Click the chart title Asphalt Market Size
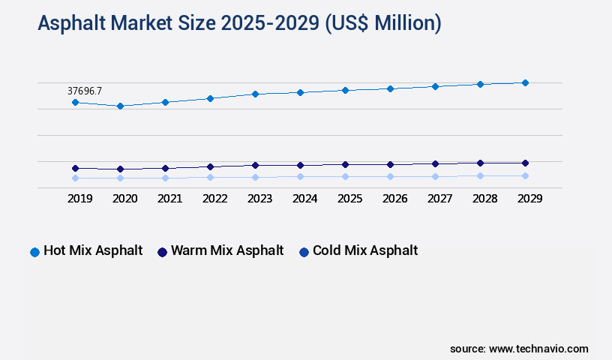click(239, 23)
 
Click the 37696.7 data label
click(85, 91)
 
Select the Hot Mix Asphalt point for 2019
click(75, 102)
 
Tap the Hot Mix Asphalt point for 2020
click(120, 106)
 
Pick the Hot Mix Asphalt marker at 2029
click(525, 82)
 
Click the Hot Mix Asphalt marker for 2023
click(255, 94)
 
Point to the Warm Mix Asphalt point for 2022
click(210, 166)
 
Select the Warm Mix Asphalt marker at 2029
click(525, 163)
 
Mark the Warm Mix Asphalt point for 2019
click(75, 168)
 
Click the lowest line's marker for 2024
click(300, 177)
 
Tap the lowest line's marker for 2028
click(480, 175)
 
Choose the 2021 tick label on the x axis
click(169, 199)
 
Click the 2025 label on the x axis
click(349, 199)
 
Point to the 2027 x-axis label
click(439, 199)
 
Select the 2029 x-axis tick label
click(529, 199)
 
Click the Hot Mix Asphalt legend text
click(93, 250)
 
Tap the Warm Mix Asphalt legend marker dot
click(162, 252)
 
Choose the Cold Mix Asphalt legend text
click(365, 250)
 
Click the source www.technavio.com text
click(519, 349)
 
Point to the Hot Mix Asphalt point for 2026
click(390, 88)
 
